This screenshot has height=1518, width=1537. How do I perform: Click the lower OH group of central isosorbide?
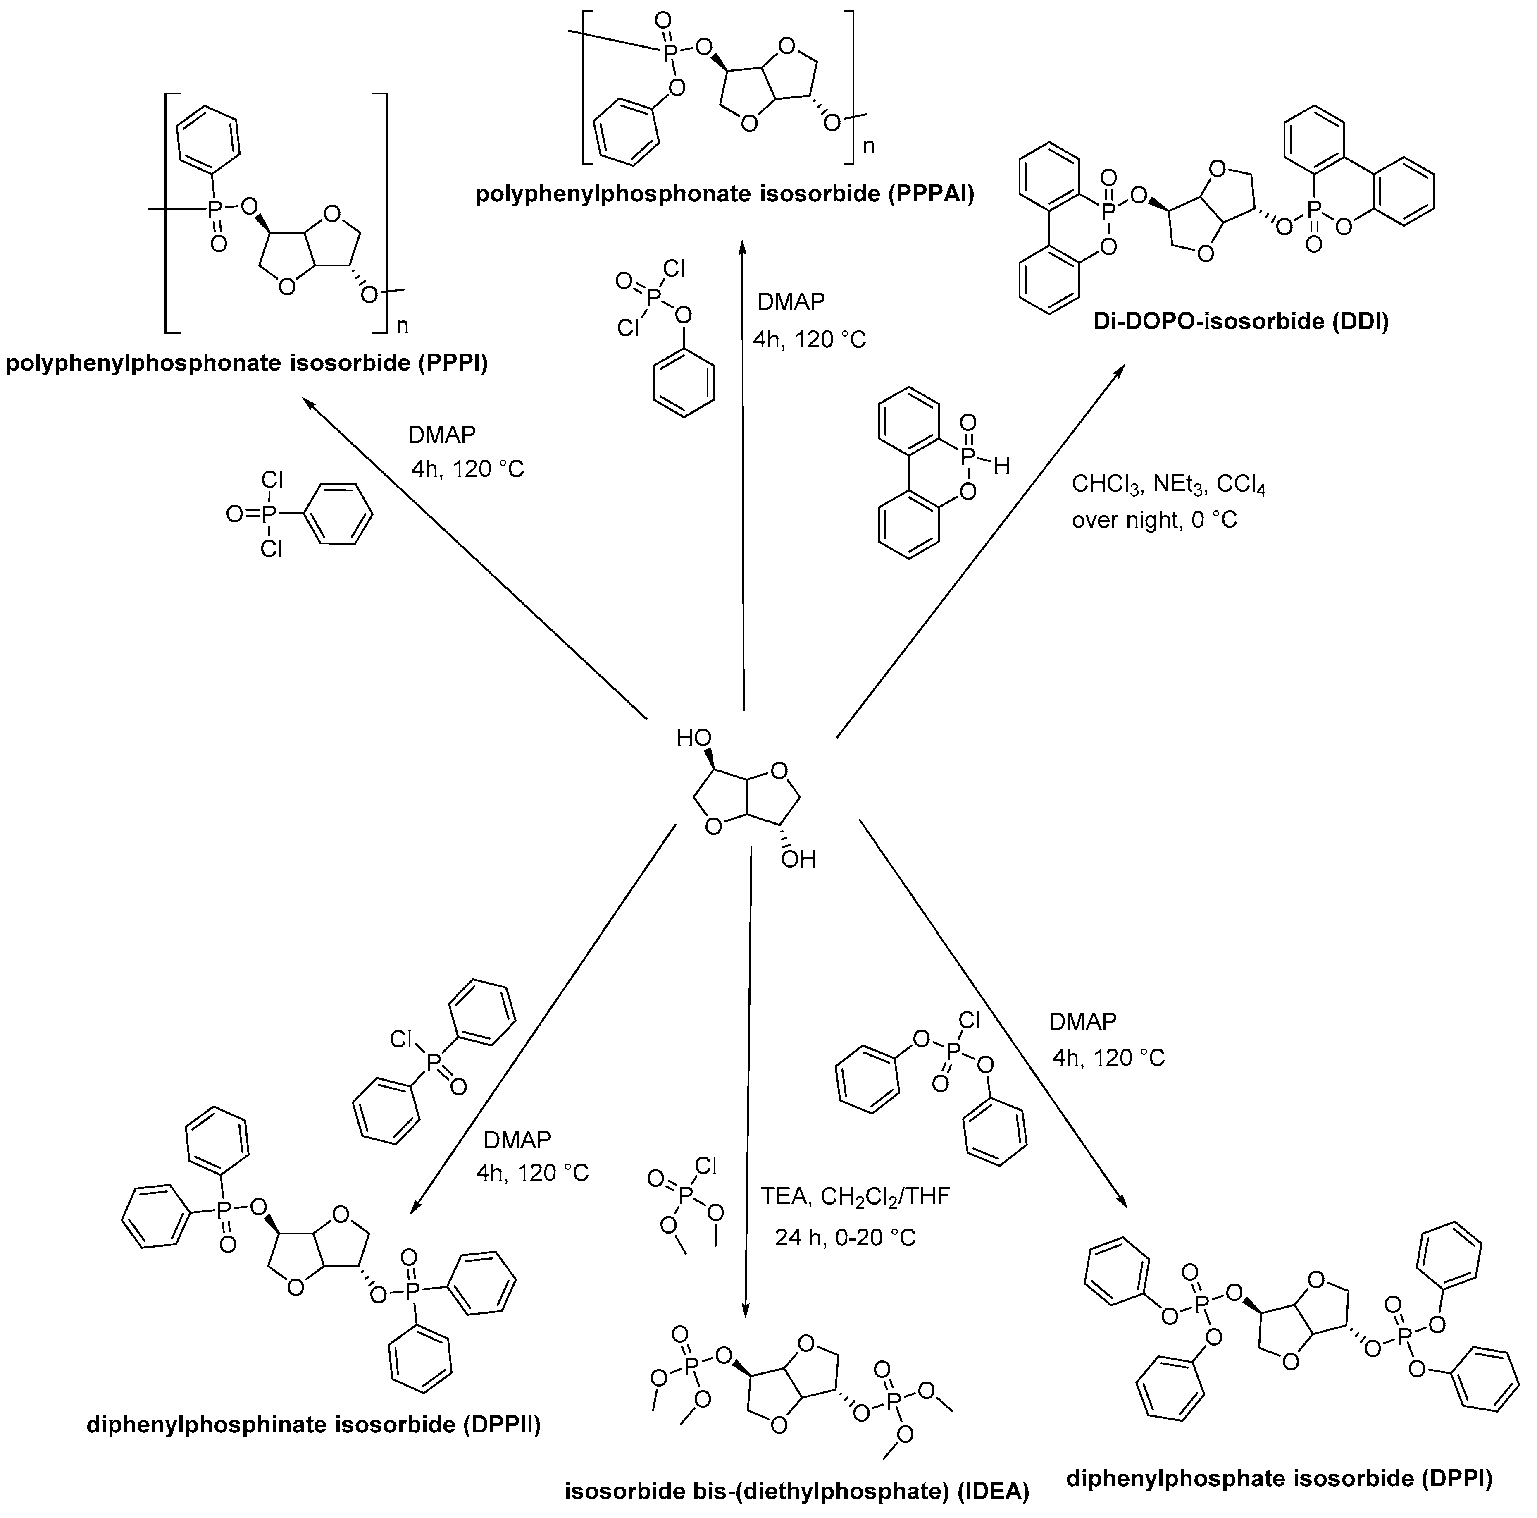click(x=798, y=860)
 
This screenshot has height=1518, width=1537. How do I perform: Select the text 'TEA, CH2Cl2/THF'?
click(x=855, y=1196)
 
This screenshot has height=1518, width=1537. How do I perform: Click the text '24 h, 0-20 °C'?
click(x=845, y=1238)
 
